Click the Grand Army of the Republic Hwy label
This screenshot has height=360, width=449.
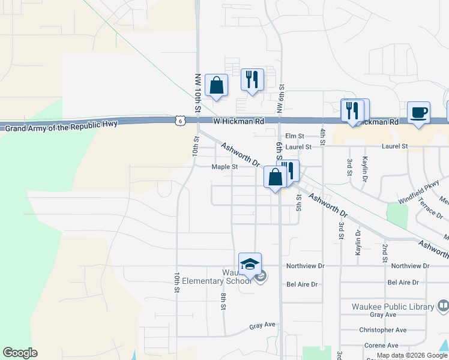coord(61,125)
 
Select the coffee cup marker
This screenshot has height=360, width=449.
coord(418,113)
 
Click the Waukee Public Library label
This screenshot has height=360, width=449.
coord(393,307)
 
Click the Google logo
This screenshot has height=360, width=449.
coord(20,353)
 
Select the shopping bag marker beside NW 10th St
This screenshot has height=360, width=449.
coord(216,86)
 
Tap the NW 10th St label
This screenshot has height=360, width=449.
coord(197,93)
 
